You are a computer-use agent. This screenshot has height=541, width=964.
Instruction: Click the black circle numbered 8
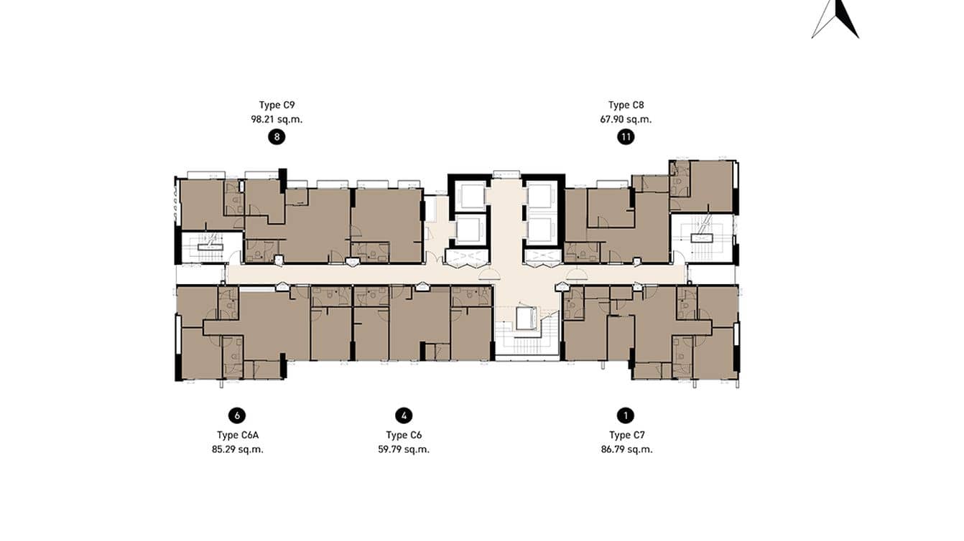pyautogui.click(x=277, y=138)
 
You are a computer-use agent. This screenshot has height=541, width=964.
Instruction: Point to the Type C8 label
pyautogui.click(x=626, y=105)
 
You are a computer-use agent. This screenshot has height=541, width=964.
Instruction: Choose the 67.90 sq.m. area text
pyautogui.click(x=626, y=120)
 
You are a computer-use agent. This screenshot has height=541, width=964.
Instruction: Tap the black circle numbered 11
pyautogui.click(x=626, y=138)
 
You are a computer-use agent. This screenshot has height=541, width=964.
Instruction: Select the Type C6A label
pyautogui.click(x=238, y=435)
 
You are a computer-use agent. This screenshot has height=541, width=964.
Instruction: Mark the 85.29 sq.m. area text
pyautogui.click(x=238, y=450)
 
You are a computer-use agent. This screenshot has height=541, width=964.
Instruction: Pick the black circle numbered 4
pyautogui.click(x=404, y=415)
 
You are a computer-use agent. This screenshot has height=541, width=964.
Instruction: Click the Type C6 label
pyautogui.click(x=404, y=435)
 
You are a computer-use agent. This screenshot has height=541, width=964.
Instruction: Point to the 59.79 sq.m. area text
pyautogui.click(x=404, y=450)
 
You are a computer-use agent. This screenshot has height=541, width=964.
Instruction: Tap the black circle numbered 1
pyautogui.click(x=626, y=415)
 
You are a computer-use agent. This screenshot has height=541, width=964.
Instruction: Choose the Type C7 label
pyautogui.click(x=626, y=435)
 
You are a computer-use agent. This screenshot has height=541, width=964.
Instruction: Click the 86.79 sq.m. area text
pyautogui.click(x=626, y=450)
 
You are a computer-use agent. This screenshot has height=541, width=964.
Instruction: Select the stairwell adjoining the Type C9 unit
pyautogui.click(x=202, y=248)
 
